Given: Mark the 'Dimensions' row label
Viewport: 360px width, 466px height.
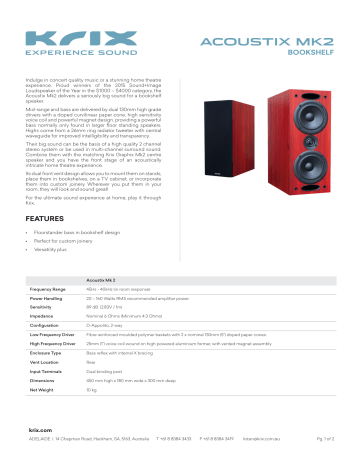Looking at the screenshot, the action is (45, 398).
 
